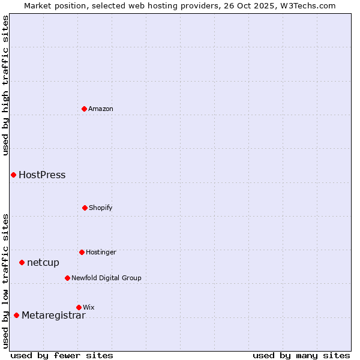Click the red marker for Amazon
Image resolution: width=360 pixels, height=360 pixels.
pos(84,109)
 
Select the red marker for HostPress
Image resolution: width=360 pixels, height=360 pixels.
pos(13,175)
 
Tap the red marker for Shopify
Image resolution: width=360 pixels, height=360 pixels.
pos(85,208)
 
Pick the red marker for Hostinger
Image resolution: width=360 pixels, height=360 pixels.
pos(82,252)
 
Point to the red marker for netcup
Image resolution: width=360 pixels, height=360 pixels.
pos(22,262)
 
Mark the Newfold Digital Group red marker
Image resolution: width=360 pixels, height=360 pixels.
pos(67,278)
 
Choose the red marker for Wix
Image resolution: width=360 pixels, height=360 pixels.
pos(79,307)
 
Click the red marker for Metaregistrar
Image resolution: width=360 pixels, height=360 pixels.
pos(16,315)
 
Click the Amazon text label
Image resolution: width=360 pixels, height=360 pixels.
pos(101,109)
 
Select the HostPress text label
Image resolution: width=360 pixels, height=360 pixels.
pos(42,175)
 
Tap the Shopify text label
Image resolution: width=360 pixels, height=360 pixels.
pos(101,208)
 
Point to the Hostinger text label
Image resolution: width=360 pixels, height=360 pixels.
pos(101,252)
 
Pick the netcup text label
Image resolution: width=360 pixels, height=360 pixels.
pos(43,262)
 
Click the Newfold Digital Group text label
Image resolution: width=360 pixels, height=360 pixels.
pos(106,278)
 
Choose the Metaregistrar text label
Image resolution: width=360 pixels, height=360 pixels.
pos(53,316)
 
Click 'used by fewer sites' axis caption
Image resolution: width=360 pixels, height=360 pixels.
pos(62,355)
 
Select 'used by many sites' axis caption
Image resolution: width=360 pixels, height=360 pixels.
pos(301,355)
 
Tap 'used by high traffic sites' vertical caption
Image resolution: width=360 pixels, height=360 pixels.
pos(5,85)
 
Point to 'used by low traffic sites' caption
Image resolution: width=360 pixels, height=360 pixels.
pos(5,281)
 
